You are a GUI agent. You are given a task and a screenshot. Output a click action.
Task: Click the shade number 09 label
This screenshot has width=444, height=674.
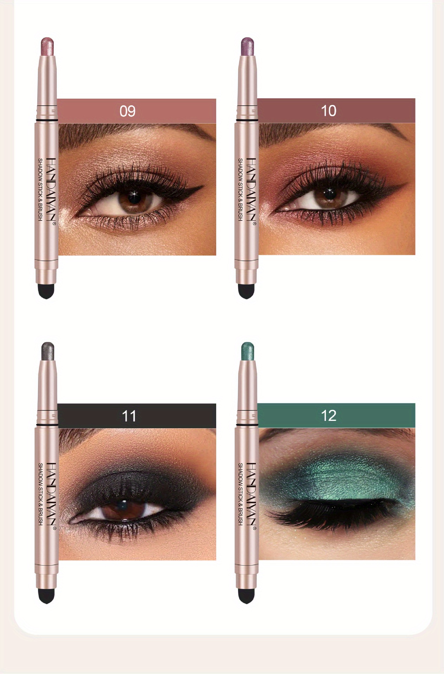click(127, 111)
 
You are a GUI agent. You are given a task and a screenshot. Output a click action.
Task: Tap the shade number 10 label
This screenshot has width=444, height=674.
click(329, 111)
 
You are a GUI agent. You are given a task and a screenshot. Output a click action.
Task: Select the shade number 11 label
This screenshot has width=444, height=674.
click(129, 416)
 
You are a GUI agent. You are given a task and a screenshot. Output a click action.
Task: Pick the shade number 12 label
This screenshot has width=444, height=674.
click(329, 416)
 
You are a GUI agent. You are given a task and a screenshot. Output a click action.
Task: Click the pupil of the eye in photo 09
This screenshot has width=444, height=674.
click(135, 197)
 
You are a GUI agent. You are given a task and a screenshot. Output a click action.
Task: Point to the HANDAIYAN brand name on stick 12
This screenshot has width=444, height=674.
click(251, 495)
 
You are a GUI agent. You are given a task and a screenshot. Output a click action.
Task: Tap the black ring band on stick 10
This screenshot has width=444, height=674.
click(246, 120)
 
